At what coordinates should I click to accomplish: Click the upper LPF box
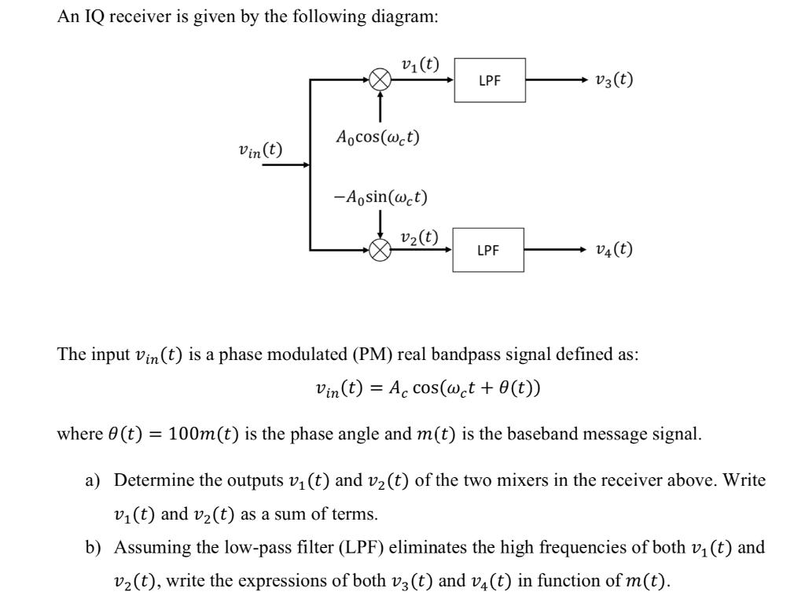click(489, 80)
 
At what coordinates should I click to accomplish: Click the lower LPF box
click(488, 250)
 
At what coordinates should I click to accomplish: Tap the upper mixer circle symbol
click(380, 79)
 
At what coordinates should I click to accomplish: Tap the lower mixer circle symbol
click(380, 250)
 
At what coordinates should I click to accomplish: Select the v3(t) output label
click(614, 79)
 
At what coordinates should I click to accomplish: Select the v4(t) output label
click(614, 250)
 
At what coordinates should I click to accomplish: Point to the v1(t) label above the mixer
click(420, 64)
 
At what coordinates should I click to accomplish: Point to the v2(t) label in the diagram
click(420, 236)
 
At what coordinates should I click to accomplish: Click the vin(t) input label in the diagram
click(260, 149)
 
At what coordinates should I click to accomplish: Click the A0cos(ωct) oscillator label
click(377, 137)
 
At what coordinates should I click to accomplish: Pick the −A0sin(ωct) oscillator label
click(380, 196)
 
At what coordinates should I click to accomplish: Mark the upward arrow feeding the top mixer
click(380, 106)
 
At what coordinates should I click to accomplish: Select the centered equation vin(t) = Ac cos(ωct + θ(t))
click(427, 388)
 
